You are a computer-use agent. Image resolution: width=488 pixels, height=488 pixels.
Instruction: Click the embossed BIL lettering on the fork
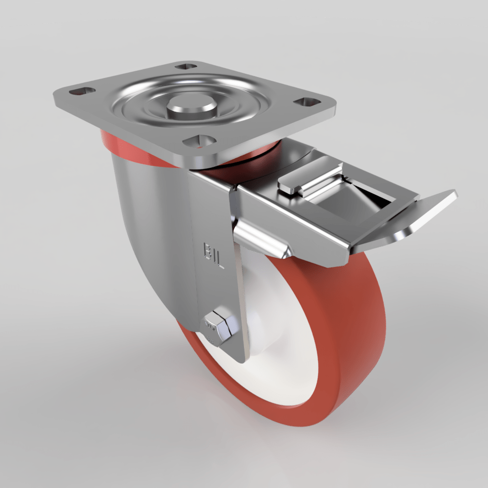pos(213,255)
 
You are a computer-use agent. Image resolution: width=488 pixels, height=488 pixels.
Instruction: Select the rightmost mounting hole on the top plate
pos(306,102)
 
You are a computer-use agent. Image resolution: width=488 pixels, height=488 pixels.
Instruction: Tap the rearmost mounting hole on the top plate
pos(185,66)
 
